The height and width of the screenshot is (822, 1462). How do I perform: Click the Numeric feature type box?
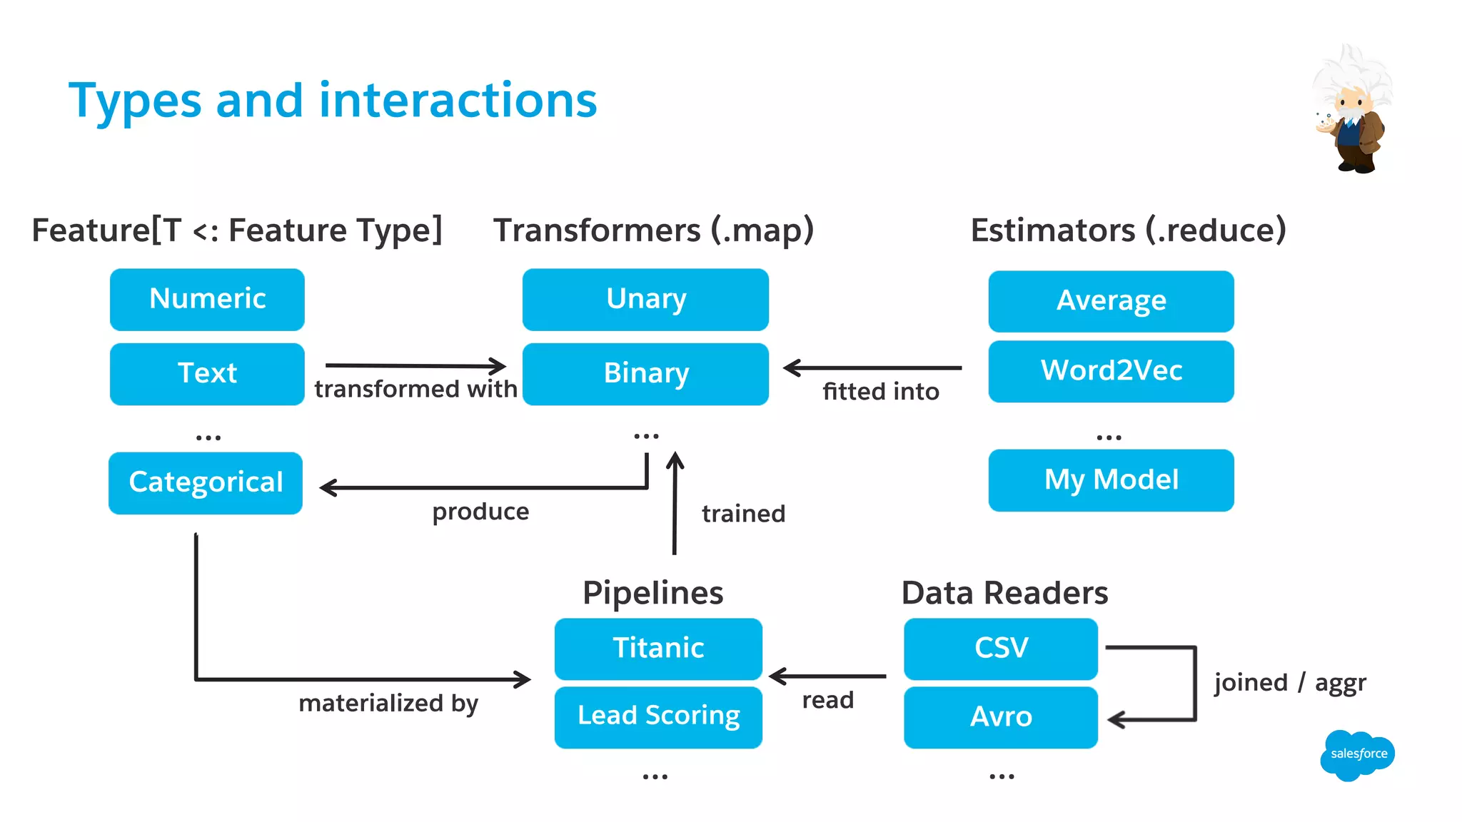pyautogui.click(x=207, y=299)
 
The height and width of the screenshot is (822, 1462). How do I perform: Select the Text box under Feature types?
pyautogui.click(x=207, y=374)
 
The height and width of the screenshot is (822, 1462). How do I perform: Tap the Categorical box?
pyautogui.click(x=206, y=482)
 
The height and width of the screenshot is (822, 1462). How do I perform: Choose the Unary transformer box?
pyautogui.click(x=645, y=299)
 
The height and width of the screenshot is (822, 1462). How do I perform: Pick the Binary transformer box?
pyautogui.click(x=645, y=374)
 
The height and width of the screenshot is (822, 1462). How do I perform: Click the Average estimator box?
pyautogui.click(x=1111, y=301)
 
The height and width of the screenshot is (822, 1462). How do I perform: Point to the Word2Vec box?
pyautogui.click(x=1111, y=371)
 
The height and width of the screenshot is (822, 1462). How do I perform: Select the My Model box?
pyautogui.click(x=1111, y=479)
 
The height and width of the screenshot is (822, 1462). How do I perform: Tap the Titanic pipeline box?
pyautogui.click(x=658, y=648)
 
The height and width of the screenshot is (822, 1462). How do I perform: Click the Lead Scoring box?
pyautogui.click(x=658, y=716)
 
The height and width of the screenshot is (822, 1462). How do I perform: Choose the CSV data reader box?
pyautogui.click(x=1000, y=648)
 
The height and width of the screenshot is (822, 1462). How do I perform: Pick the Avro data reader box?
pyautogui.click(x=1000, y=716)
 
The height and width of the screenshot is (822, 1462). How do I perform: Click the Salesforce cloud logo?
pyautogui.click(x=1357, y=754)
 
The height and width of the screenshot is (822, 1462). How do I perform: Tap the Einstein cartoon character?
pyautogui.click(x=1351, y=111)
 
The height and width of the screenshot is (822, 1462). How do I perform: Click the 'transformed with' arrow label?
pyautogui.click(x=415, y=390)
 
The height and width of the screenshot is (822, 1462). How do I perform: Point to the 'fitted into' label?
pyautogui.click(x=880, y=392)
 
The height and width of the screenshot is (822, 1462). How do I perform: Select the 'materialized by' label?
pyautogui.click(x=388, y=704)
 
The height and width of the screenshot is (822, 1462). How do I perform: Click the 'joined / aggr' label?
pyautogui.click(x=1290, y=683)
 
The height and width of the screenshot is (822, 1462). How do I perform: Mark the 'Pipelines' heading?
pyautogui.click(x=652, y=593)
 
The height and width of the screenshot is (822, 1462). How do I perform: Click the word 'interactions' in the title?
pyautogui.click(x=458, y=101)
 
